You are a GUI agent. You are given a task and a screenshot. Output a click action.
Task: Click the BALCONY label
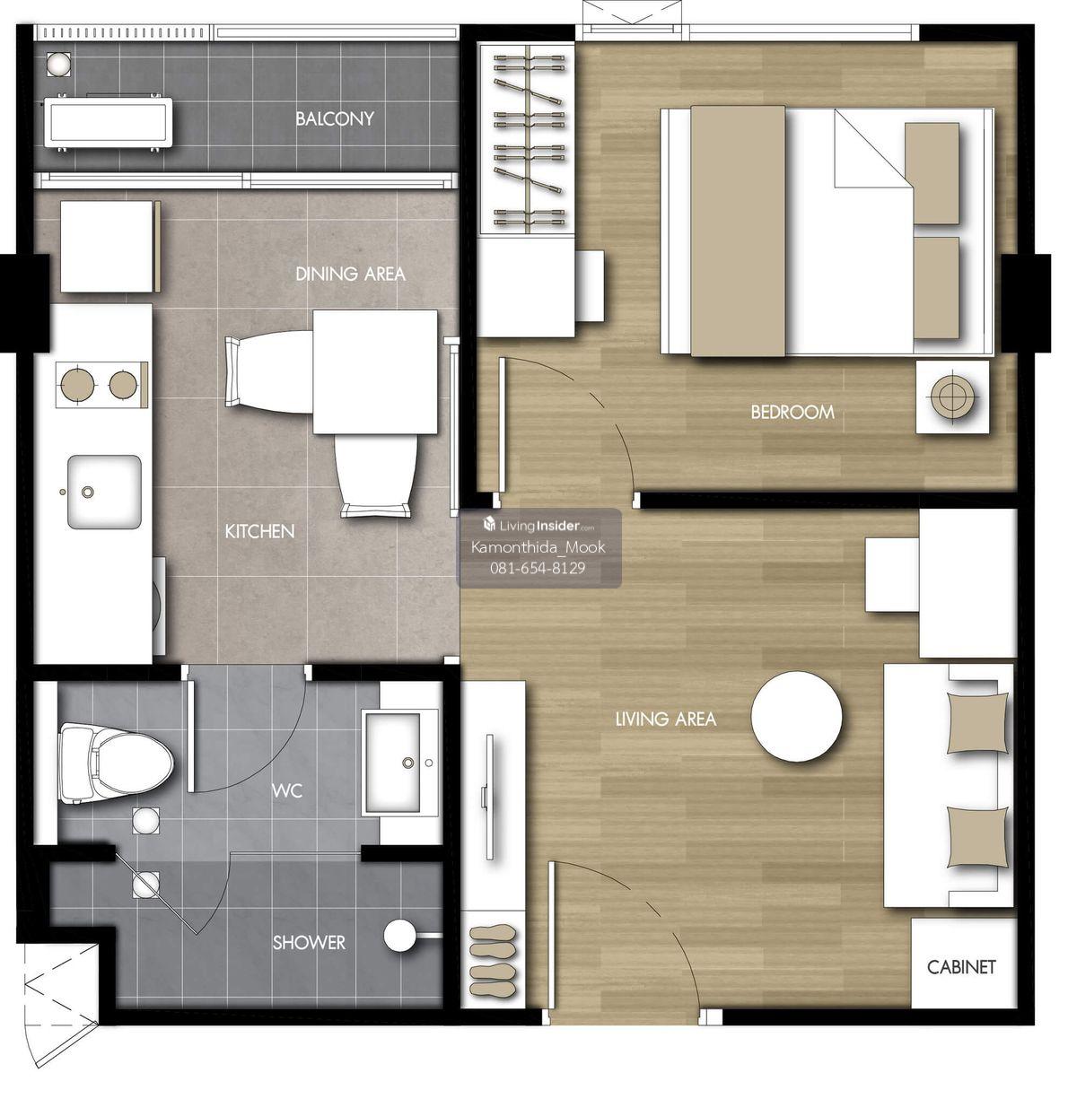(x=335, y=118)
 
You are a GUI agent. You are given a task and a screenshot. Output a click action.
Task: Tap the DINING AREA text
(x=350, y=274)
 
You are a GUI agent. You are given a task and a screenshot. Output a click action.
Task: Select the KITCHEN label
(x=259, y=531)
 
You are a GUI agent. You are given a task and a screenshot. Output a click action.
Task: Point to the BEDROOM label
(x=792, y=412)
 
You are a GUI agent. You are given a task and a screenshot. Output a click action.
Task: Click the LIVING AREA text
(x=665, y=719)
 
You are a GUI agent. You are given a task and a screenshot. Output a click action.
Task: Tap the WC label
(x=286, y=790)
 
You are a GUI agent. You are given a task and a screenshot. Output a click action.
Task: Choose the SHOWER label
(x=309, y=942)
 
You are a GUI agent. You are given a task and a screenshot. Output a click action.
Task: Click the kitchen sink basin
(x=104, y=492)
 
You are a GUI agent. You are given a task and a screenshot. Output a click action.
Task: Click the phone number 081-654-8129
(x=538, y=568)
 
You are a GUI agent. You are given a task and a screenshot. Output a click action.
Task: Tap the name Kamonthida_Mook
(x=538, y=547)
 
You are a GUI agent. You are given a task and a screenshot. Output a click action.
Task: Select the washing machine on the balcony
(x=109, y=122)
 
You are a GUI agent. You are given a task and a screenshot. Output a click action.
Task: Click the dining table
(x=375, y=371)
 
